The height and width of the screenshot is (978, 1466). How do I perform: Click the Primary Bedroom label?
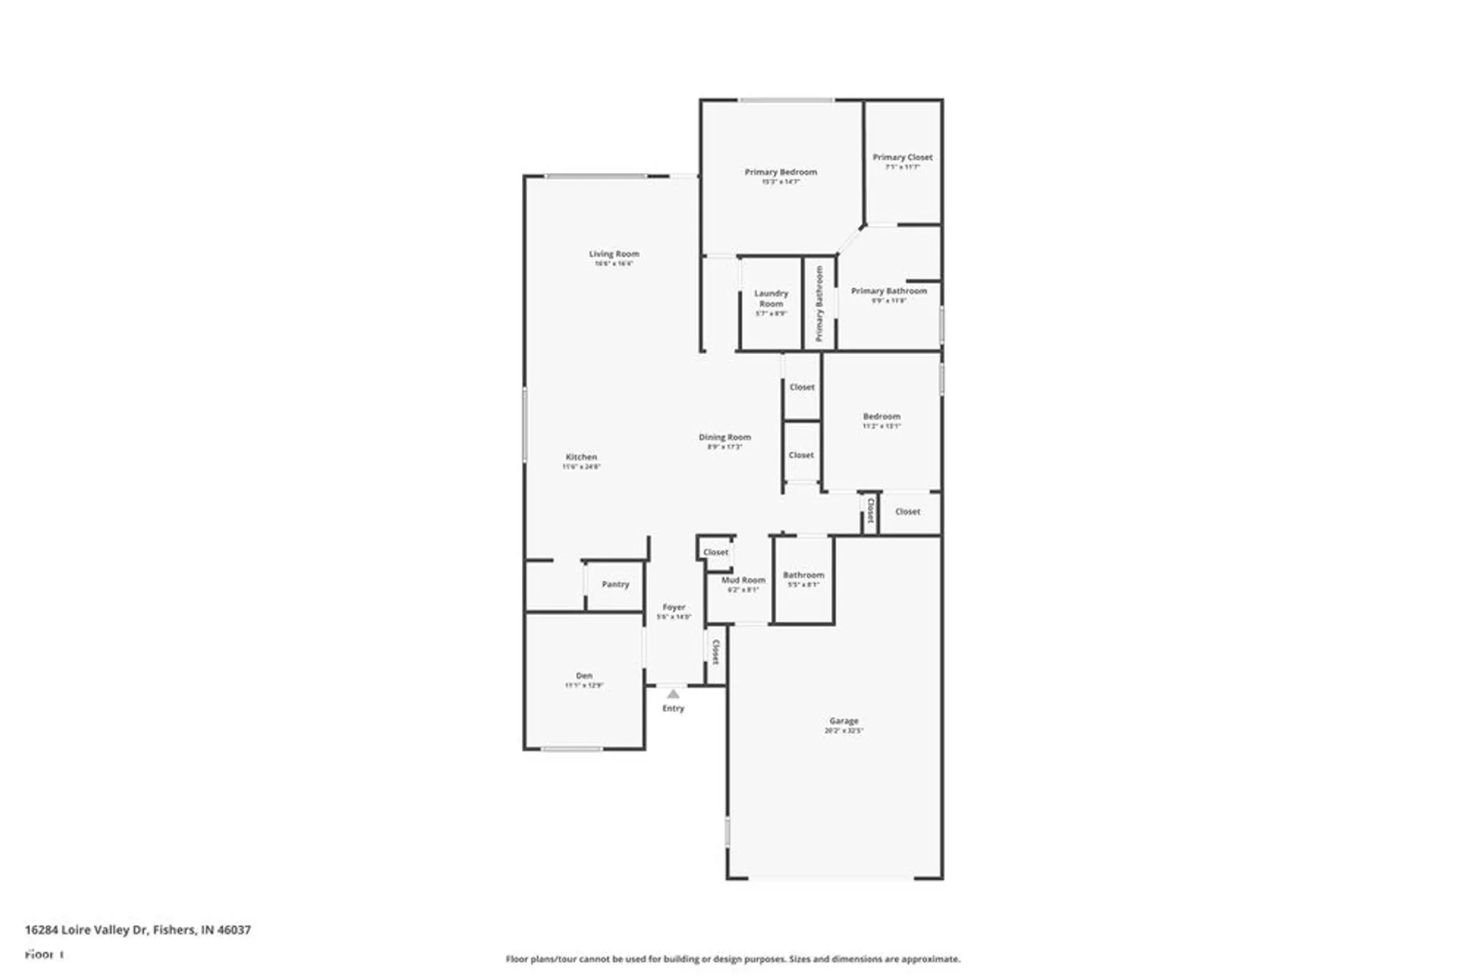(x=781, y=172)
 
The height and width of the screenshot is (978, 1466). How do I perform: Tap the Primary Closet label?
(x=902, y=158)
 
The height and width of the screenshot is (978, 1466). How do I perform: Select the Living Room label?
(x=614, y=254)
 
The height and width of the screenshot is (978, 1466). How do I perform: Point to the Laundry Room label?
(x=770, y=298)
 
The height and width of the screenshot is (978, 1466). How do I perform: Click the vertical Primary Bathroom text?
(x=819, y=304)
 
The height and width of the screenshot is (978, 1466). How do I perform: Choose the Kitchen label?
(x=581, y=457)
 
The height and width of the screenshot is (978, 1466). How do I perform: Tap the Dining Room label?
(x=724, y=438)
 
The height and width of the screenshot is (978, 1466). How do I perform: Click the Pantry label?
(x=615, y=584)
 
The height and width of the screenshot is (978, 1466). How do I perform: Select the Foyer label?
(x=674, y=608)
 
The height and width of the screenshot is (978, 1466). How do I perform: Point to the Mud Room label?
(x=743, y=580)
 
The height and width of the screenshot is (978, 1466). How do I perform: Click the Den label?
(x=584, y=676)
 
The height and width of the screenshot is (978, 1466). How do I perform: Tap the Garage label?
(x=844, y=721)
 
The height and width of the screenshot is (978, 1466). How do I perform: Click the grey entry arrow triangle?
(x=673, y=694)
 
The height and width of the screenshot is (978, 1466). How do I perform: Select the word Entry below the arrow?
(x=673, y=708)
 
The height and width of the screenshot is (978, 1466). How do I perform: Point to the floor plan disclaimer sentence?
(x=732, y=959)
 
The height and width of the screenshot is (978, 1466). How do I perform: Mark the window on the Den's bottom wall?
(x=571, y=749)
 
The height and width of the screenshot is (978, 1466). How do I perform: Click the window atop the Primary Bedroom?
(x=786, y=100)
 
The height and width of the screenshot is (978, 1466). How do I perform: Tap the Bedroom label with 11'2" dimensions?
(x=881, y=416)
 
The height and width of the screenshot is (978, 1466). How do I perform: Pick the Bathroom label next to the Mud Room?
(x=803, y=576)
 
